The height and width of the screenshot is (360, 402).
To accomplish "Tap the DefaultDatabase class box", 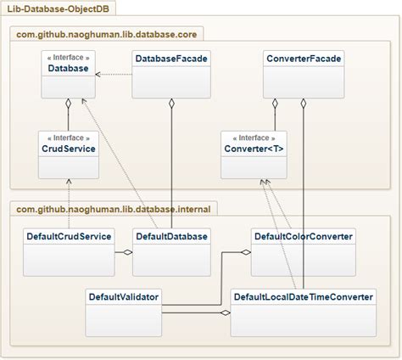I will pyautogui.click(x=171, y=250).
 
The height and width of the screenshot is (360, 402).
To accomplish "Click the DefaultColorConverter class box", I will pyautogui.click(x=303, y=250).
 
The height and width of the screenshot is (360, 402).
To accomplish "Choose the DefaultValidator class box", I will pyautogui.click(x=123, y=309).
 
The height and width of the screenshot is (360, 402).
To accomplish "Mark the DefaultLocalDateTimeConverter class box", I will pyautogui.click(x=303, y=309).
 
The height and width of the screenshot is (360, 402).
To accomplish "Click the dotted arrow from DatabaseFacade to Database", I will pyautogui.click(x=114, y=75).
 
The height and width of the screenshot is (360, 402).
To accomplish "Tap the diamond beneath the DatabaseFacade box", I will pyautogui.click(x=171, y=103).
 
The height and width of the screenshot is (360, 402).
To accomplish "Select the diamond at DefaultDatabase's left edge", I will pyautogui.click(x=129, y=252).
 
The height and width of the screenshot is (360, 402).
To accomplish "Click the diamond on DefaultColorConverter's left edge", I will pyautogui.click(x=247, y=252).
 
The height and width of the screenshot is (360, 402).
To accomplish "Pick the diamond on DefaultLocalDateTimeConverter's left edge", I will pyautogui.click(x=226, y=313).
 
